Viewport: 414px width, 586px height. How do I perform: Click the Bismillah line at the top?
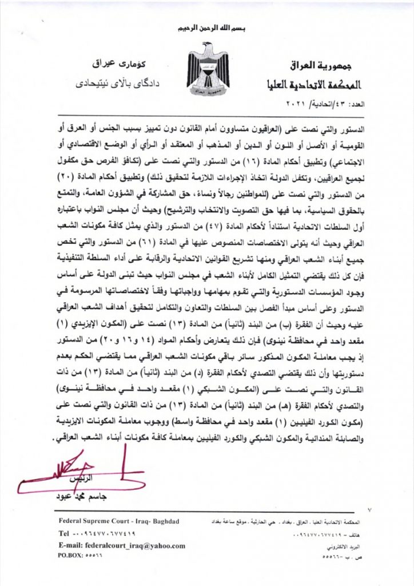click(x=208, y=27)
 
